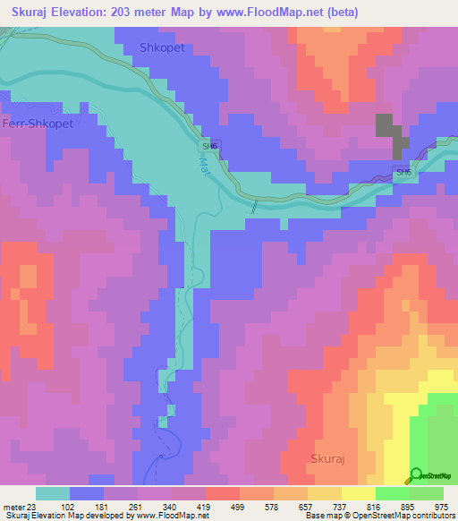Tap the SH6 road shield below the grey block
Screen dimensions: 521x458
tap(403, 172)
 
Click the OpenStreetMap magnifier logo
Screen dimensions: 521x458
tap(417, 474)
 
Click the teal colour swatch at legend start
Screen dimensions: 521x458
tap(52, 493)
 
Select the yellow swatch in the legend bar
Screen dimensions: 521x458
tap(357, 493)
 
